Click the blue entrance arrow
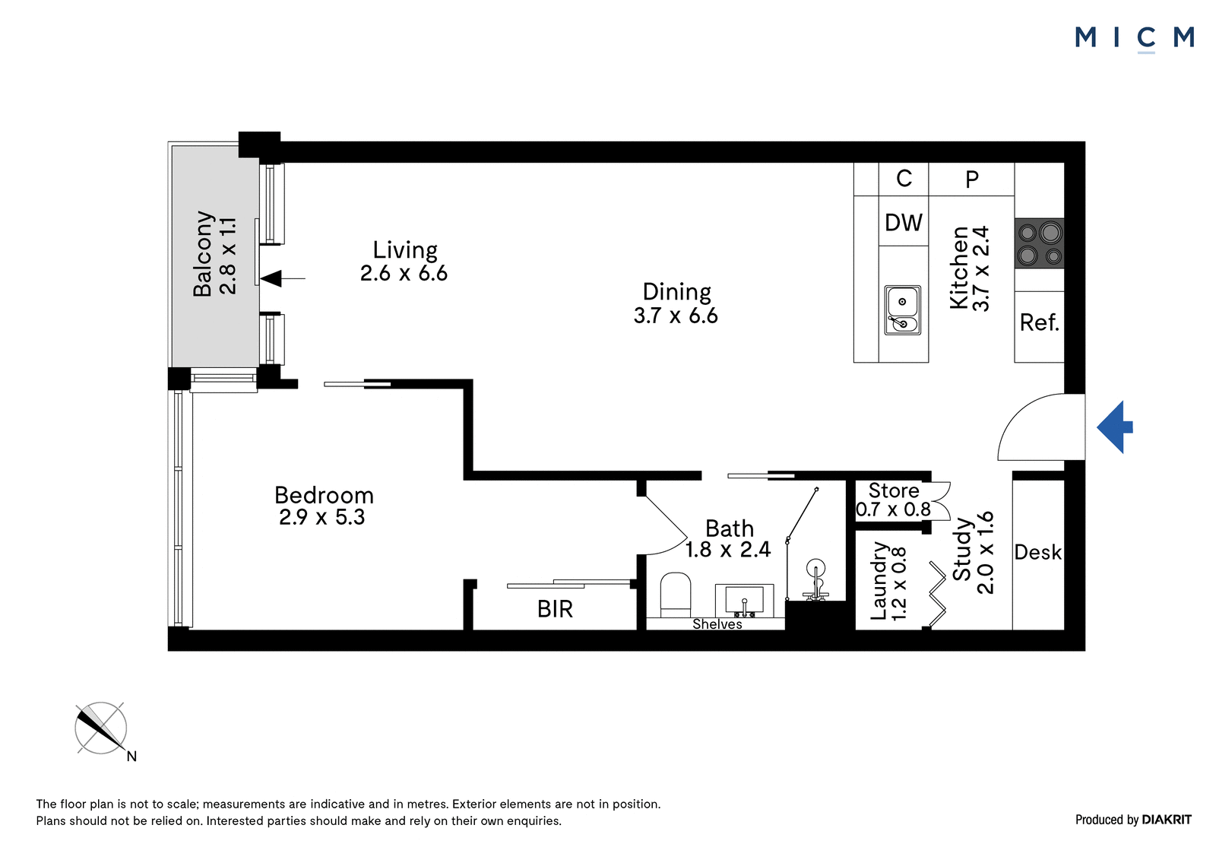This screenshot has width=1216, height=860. click(1114, 427)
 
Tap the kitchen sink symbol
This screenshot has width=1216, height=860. click(902, 309)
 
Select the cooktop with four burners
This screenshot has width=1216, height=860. click(1039, 243)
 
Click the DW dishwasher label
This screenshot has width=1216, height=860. click(904, 223)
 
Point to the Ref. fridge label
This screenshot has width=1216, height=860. click(1039, 322)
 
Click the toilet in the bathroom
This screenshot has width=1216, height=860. click(676, 594)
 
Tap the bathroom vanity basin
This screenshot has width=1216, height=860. click(744, 600)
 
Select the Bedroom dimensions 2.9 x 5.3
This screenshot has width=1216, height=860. click(322, 517)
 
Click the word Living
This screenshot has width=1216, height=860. click(405, 250)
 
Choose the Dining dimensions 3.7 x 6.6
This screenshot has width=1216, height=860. click(676, 316)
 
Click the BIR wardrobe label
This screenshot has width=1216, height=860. click(555, 609)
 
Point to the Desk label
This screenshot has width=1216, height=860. click(1037, 553)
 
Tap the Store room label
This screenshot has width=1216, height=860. click(894, 490)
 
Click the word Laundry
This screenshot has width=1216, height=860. click(879, 580)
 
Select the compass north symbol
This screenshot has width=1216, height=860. click(102, 728)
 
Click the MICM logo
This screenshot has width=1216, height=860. click(1134, 39)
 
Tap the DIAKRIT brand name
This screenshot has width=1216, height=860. click(1167, 820)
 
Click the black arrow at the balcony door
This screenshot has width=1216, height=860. click(283, 278)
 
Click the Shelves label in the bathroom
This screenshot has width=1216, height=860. click(717, 624)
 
